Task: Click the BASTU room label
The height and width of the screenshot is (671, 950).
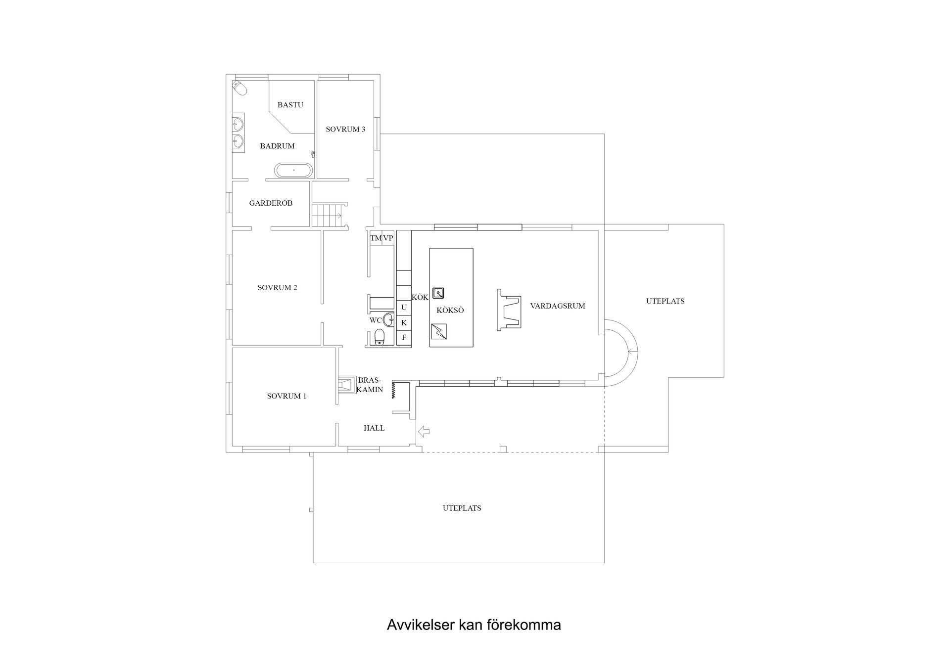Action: coord(290,105)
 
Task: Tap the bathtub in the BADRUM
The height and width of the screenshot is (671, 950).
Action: coord(294,170)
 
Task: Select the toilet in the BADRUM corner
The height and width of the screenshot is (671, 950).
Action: coord(240,88)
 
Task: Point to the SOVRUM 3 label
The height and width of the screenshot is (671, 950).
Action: coord(345,129)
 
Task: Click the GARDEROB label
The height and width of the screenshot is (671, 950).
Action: coord(271,203)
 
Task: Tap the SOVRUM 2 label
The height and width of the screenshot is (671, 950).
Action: coord(277,287)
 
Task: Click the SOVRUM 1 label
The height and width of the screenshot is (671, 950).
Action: coord(286,396)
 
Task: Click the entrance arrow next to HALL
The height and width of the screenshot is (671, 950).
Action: coord(424,432)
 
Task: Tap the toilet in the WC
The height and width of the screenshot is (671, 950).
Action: coord(380,337)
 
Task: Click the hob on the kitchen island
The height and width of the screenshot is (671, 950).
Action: coord(439,331)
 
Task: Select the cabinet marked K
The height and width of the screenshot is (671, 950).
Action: coord(404,322)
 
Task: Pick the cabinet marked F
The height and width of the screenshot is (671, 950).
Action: coord(404,338)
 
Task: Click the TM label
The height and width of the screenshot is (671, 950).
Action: coord(376,238)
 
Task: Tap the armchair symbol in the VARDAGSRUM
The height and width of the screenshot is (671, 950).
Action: coord(509,310)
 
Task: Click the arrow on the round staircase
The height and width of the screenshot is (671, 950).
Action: coord(632,352)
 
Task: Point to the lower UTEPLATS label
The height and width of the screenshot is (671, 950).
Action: coord(462,508)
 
